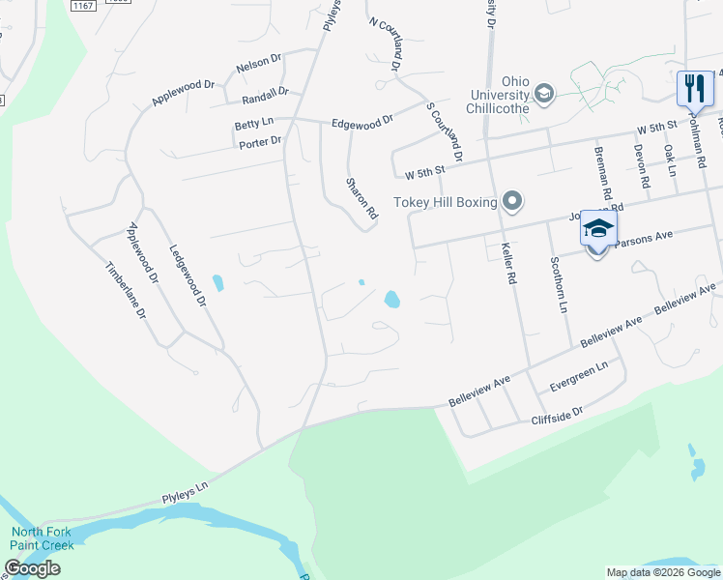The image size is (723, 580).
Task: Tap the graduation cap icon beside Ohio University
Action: [543, 93]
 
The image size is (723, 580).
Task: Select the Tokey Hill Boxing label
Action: [445, 202]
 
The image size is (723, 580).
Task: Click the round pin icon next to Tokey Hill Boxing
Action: [512, 202]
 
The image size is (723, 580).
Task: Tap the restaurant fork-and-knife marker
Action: [694, 89]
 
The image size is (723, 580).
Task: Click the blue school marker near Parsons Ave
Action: [598, 232]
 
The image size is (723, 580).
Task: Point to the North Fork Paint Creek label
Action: [42, 538]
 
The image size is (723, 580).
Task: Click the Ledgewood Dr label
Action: [188, 275]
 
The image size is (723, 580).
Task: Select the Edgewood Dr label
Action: [361, 122]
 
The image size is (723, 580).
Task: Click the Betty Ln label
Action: [254, 126]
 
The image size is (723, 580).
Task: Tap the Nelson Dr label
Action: [258, 64]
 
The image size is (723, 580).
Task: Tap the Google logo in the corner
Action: [32, 568]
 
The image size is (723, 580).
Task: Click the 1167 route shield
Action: [83, 6]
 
